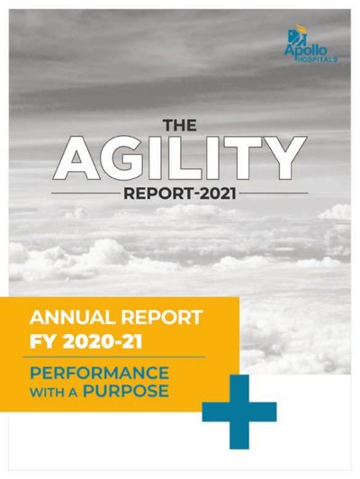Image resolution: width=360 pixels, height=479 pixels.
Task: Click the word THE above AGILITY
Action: [179, 125]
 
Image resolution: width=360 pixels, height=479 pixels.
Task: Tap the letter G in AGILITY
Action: [121, 158]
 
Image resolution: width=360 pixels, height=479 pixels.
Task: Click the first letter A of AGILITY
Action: [76, 158]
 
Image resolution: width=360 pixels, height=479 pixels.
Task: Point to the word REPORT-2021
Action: [180, 194]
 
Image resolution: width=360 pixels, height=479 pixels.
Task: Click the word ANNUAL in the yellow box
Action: [73, 318]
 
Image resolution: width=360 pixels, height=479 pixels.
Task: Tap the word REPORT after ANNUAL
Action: [162, 318]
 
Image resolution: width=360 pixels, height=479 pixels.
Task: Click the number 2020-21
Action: [103, 341]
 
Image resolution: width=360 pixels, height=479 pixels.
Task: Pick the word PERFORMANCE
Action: [99, 373]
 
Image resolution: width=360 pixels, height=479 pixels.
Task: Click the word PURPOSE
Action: [126, 392]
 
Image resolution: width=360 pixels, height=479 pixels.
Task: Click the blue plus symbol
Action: [239, 412]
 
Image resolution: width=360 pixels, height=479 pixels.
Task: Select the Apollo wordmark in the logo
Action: [306, 50]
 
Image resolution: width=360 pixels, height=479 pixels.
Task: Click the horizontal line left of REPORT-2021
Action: [85, 194]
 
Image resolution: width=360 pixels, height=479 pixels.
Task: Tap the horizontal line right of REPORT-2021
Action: [274, 194]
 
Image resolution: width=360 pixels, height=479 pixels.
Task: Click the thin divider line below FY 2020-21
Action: [114, 357]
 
